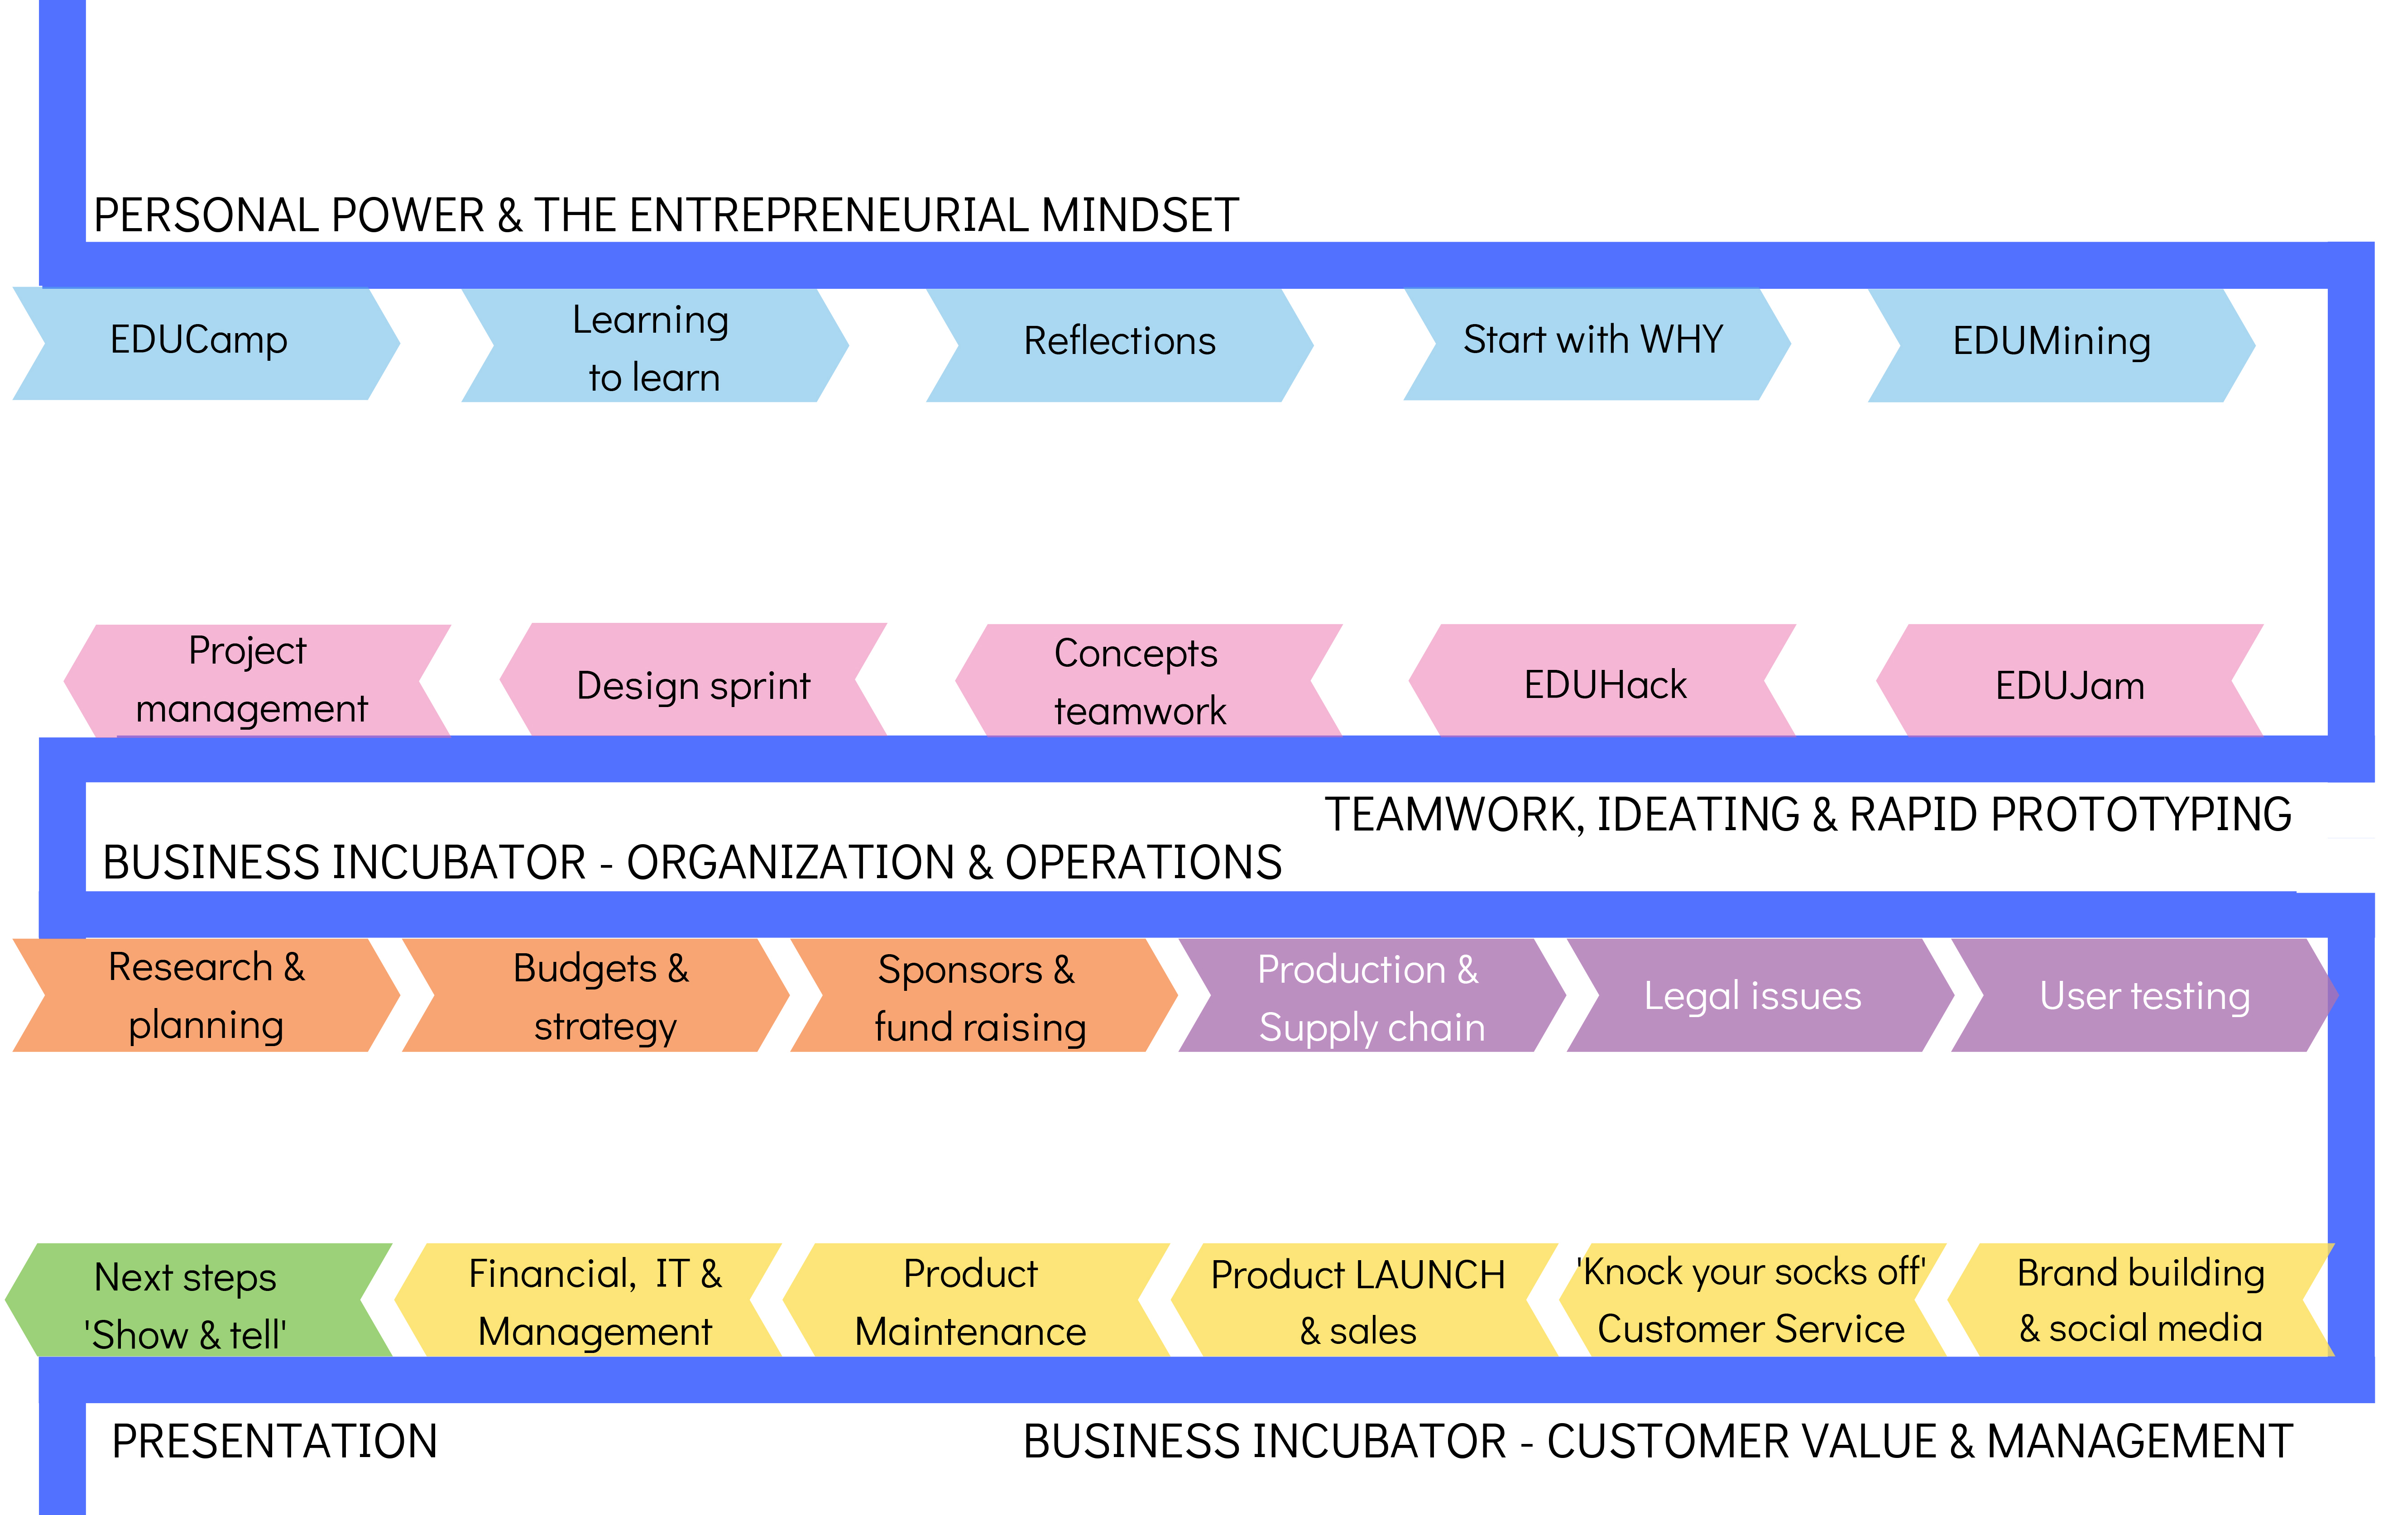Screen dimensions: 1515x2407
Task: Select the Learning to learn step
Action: pos(652,347)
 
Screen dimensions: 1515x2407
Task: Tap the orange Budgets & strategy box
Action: pos(600,996)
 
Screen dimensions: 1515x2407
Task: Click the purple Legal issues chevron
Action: pos(1753,996)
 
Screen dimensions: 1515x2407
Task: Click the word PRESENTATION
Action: pos(275,1442)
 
